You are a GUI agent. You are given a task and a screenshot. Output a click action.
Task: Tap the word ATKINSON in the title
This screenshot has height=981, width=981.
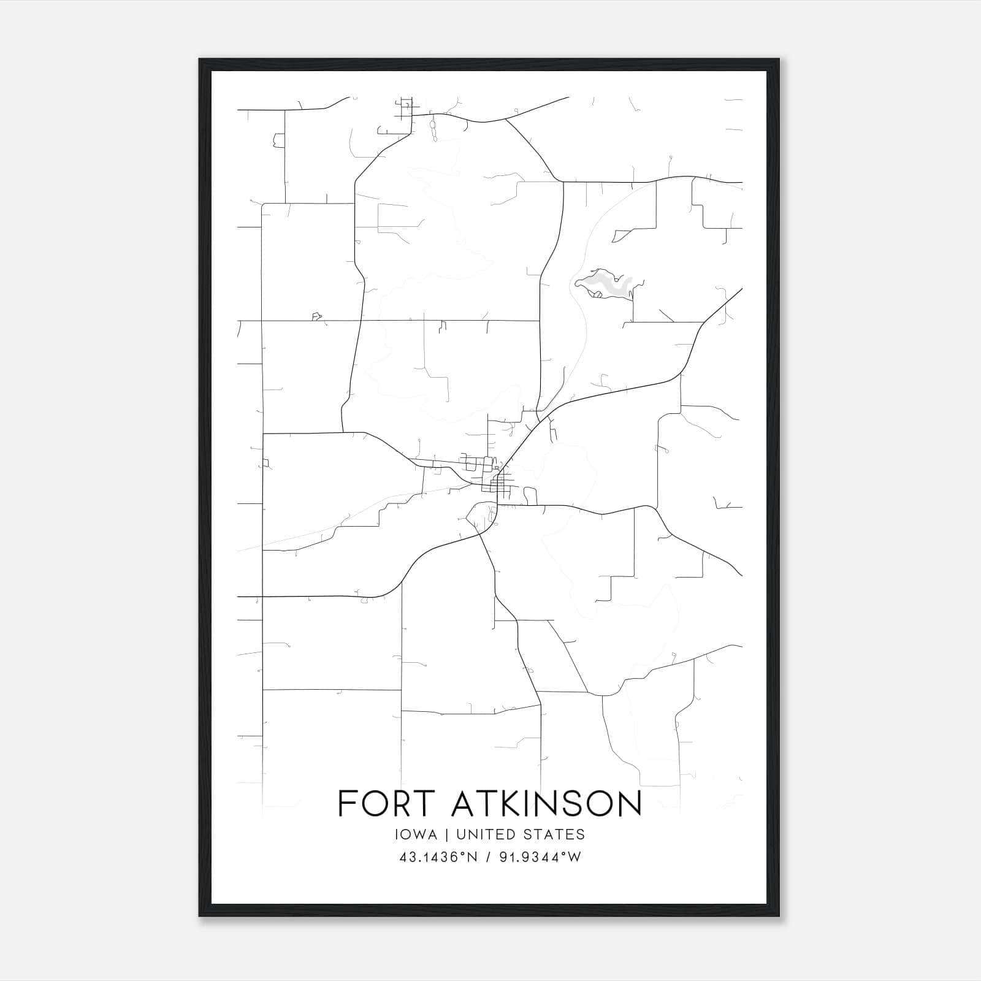tap(546, 803)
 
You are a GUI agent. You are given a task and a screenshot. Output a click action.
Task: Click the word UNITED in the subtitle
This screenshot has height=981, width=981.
tap(484, 834)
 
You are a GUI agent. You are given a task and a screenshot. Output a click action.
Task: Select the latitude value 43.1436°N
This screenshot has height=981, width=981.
tap(438, 857)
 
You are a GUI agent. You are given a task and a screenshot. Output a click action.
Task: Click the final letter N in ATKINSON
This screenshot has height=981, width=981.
tap(628, 803)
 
